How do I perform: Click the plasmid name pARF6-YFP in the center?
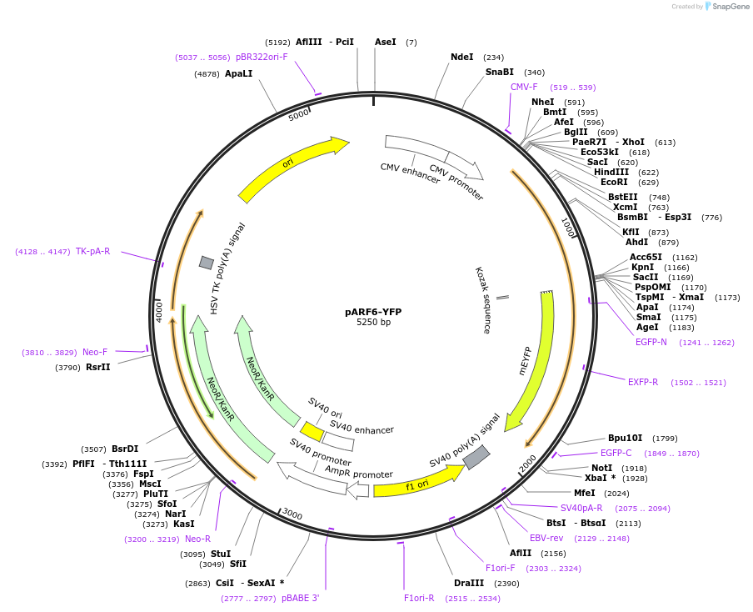tap(373, 312)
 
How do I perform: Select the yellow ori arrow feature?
tap(292, 169)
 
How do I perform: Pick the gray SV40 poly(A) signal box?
tap(476, 457)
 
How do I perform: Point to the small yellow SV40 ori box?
tap(312, 431)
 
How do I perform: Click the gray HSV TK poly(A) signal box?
tap(207, 263)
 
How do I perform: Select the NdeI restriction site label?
tap(461, 58)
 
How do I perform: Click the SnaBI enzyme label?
tap(500, 73)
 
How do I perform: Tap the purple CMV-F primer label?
tap(524, 87)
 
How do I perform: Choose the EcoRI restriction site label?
tap(614, 182)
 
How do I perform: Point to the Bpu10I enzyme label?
tap(625, 438)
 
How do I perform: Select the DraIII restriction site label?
tap(468, 583)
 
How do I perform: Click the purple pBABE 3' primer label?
tap(300, 598)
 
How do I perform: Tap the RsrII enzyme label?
tap(97, 367)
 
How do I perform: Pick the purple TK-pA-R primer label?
tap(92, 251)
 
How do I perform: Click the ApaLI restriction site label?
tap(238, 73)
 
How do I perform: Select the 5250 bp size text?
tap(373, 323)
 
